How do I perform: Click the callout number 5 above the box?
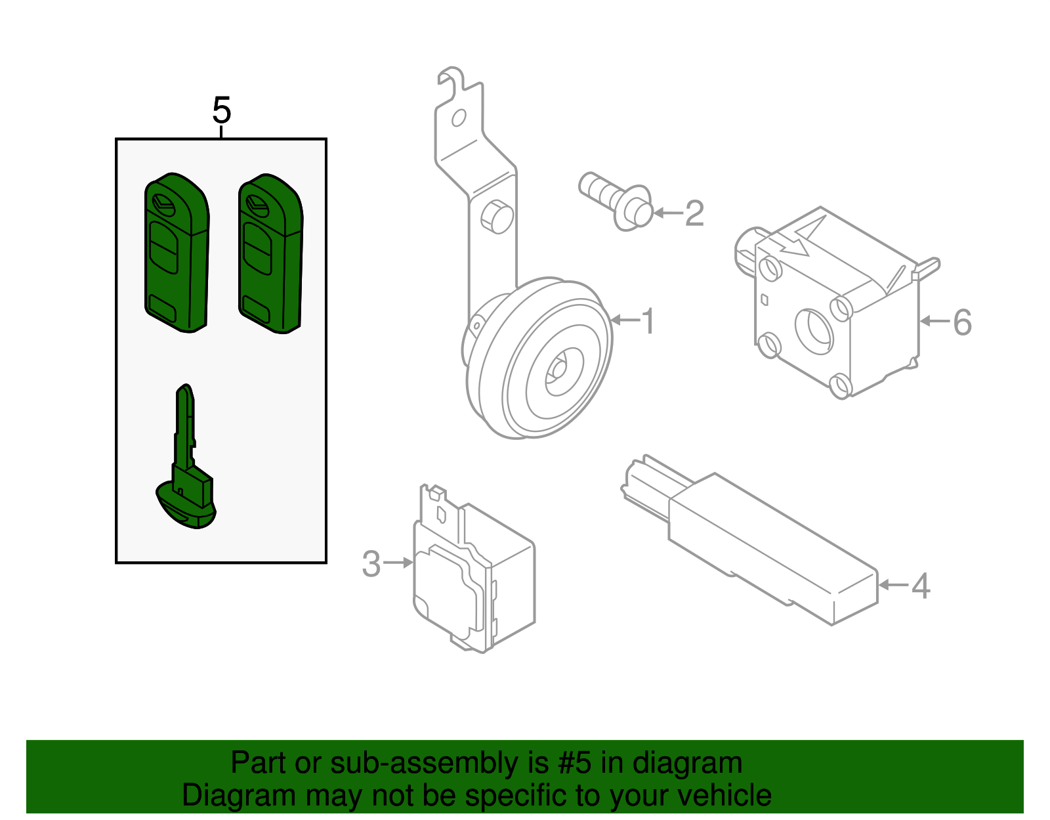coord(222,110)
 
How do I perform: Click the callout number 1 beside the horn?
coord(648,321)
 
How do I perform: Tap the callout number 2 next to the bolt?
coord(694,213)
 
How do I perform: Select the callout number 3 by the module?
coord(371,564)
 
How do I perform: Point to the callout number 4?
coord(921,586)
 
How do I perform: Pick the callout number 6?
coord(962,322)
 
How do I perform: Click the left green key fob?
coord(177,253)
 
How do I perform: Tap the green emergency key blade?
coord(186,460)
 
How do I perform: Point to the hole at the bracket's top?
coord(459,118)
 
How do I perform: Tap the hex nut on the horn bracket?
coord(497,216)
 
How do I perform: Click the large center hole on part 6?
coord(814,330)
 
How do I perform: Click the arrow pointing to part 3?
coord(398,563)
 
